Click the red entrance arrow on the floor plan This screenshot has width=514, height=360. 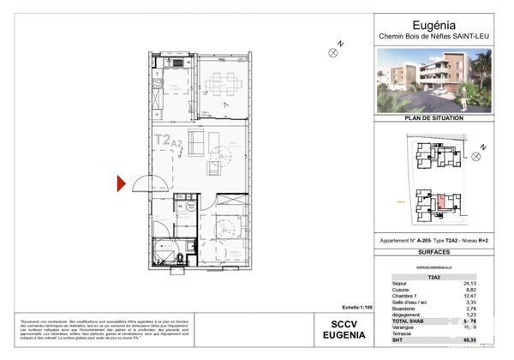[122, 183]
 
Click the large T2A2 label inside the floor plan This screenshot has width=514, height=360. [166, 140]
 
